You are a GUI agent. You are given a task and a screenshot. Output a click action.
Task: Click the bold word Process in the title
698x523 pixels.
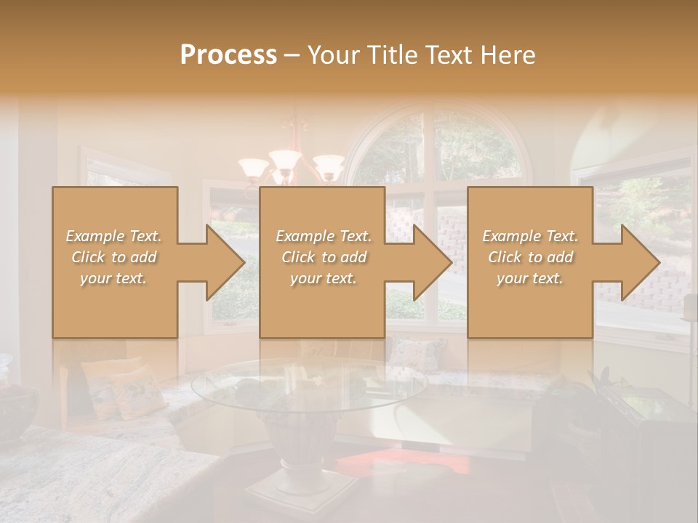tap(228, 55)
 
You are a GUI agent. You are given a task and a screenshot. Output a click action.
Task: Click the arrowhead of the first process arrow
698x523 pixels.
tap(225, 262)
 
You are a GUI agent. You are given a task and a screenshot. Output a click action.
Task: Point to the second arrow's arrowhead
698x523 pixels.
tap(433, 262)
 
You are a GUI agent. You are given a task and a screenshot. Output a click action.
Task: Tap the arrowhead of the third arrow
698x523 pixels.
tap(641, 262)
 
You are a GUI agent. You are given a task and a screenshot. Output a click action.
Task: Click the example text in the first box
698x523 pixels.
tap(114, 257)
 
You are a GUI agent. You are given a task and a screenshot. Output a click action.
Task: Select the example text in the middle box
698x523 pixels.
tap(323, 257)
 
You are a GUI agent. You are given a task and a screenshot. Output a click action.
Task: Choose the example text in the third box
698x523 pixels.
tap(530, 257)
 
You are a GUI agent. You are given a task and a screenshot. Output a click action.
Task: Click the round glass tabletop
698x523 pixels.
tap(309, 385)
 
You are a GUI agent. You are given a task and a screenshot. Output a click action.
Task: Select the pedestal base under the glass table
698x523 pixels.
tap(291, 465)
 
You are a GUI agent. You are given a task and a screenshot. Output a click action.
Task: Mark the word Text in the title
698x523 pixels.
tap(448, 55)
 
